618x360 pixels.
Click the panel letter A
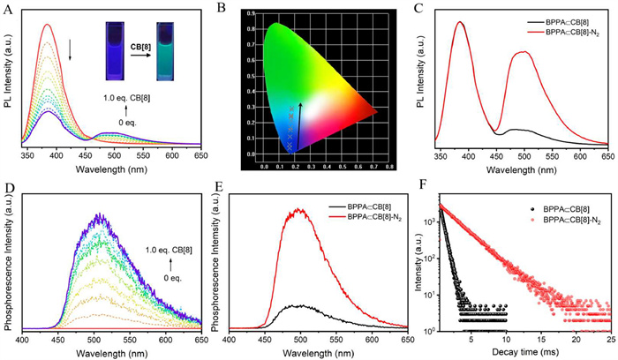tap(10, 10)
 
